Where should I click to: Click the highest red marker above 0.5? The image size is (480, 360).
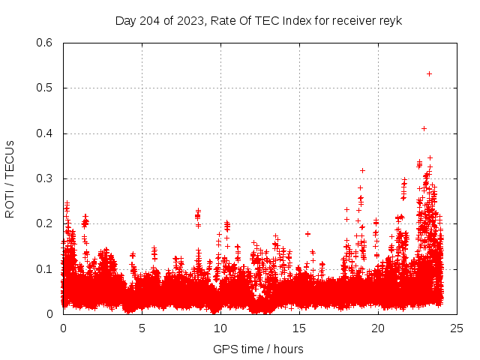click(x=429, y=73)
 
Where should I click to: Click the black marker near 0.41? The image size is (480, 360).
click(x=424, y=128)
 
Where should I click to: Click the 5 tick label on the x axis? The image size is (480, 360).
click(x=142, y=328)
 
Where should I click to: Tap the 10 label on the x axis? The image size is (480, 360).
click(x=220, y=328)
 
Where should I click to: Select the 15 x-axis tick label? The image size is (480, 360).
click(x=299, y=328)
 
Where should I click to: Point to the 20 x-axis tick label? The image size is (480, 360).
click(x=378, y=328)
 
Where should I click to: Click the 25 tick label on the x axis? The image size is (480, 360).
click(x=457, y=328)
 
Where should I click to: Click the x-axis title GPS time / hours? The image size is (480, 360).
click(x=258, y=349)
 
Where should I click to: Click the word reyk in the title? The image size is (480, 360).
click(x=391, y=21)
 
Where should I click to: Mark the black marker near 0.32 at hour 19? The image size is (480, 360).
click(x=362, y=170)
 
